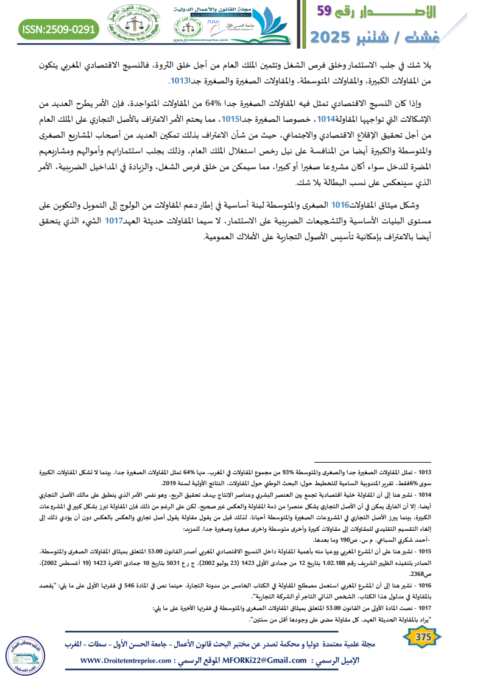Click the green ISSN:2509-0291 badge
click(58, 29)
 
